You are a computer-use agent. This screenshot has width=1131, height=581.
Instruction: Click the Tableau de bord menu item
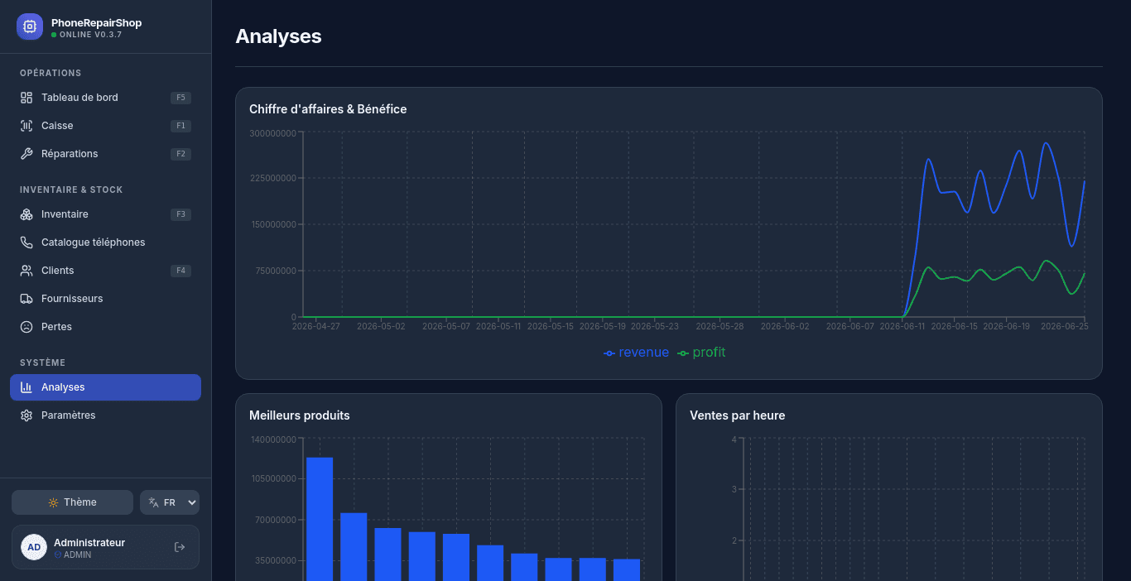click(105, 98)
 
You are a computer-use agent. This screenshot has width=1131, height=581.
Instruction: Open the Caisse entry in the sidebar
click(105, 126)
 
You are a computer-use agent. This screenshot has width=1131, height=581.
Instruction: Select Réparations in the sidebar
click(105, 154)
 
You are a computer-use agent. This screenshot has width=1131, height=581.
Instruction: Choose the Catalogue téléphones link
click(105, 242)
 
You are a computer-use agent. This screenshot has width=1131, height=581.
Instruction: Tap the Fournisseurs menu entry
click(105, 299)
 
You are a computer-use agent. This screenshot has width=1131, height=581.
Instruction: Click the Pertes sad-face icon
click(26, 327)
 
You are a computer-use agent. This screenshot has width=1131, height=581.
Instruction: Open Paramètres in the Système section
click(105, 415)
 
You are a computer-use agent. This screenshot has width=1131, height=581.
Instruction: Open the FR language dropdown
click(170, 502)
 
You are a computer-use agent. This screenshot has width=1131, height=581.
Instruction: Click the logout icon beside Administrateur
click(179, 547)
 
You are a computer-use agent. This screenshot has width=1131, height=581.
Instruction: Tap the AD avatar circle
click(34, 547)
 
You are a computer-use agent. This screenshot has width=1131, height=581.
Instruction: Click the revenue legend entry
click(636, 353)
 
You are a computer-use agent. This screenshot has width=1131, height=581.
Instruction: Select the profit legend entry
click(701, 353)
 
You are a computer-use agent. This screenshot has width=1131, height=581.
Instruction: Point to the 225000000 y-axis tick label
click(273, 178)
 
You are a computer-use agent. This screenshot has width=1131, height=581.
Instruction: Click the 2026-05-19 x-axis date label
click(603, 327)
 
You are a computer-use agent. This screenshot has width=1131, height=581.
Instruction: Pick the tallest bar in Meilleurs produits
click(320, 519)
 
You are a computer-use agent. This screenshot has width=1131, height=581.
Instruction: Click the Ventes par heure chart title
click(737, 415)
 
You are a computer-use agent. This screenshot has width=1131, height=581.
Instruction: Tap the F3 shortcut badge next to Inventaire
click(180, 214)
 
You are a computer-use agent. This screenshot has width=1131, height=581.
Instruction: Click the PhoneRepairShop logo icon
click(30, 26)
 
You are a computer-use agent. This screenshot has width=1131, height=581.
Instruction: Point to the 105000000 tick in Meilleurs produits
click(274, 479)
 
